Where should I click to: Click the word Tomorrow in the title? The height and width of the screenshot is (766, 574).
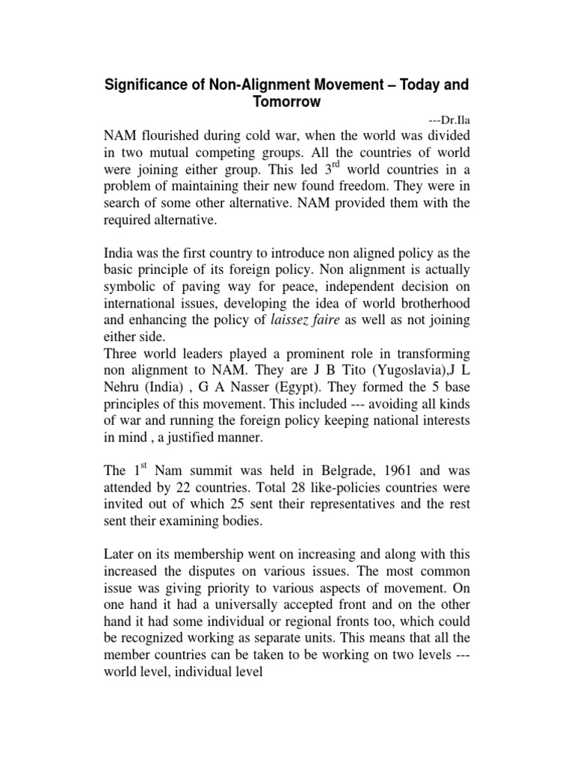click(286, 101)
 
